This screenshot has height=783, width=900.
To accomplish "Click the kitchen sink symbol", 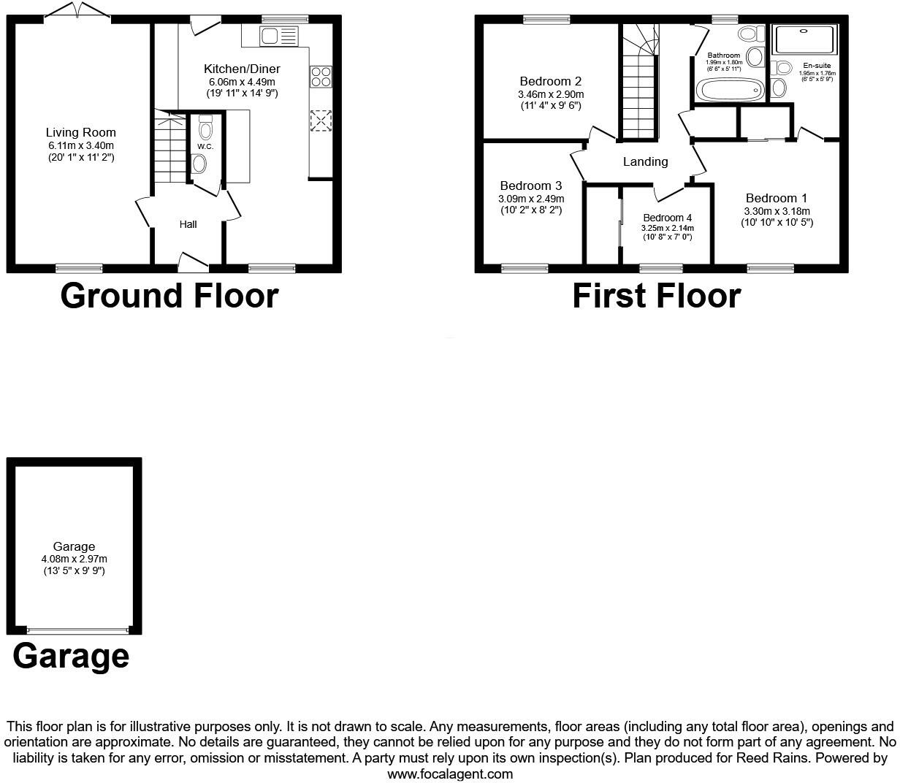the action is [279, 36].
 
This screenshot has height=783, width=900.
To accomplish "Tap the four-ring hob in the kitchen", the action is [321, 77].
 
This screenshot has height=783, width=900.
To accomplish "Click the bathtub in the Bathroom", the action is [730, 90].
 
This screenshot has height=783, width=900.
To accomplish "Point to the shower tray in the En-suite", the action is [804, 39].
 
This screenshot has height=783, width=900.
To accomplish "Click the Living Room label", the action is [81, 132].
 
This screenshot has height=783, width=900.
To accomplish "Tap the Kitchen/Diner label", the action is [242, 69].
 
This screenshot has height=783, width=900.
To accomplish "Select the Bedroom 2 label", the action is [551, 81].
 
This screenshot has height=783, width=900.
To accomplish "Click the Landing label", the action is [645, 162].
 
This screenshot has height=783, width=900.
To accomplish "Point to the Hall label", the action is [188, 225].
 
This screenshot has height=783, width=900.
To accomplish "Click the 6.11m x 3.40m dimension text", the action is [81, 145].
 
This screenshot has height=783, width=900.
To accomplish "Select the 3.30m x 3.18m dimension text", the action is [777, 211].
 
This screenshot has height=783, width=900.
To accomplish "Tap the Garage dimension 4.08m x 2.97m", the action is [75, 559].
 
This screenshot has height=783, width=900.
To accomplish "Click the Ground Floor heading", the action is [169, 296].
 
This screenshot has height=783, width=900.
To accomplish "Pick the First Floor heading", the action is [657, 296].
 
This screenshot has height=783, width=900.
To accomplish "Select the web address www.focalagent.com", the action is [450, 774].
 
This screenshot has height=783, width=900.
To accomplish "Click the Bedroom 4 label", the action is [667, 218].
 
